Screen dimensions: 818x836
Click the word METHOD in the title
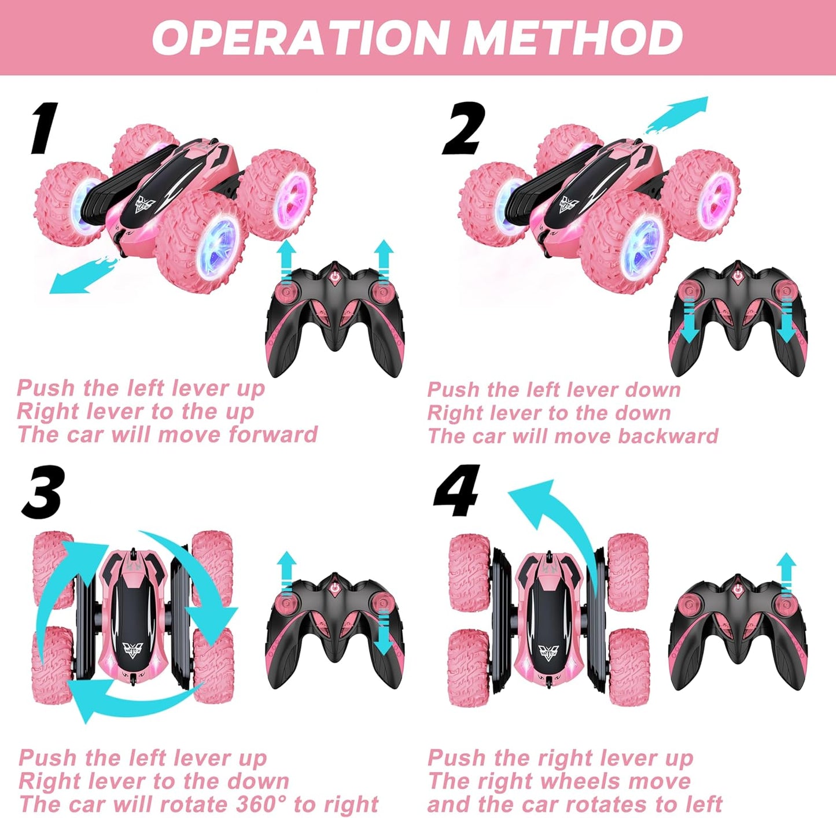coord(573,38)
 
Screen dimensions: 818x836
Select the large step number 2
coord(463,128)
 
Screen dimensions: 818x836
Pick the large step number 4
coord(457,492)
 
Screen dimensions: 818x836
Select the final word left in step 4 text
coord(702,804)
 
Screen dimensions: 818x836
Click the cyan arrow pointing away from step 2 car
coord(677,115)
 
